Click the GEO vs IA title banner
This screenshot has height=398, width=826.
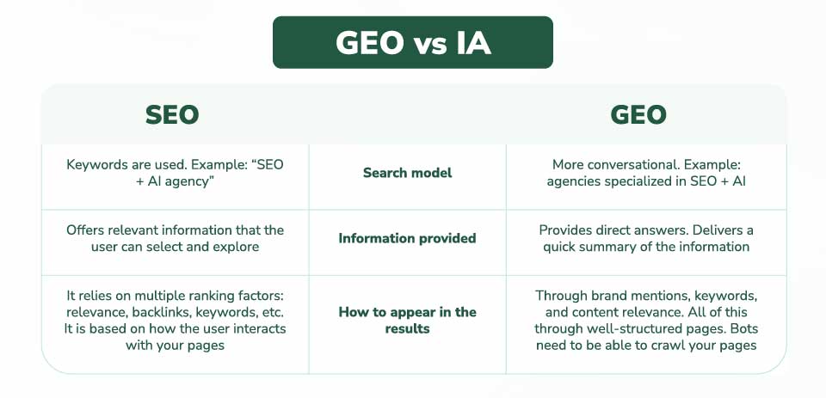click(x=412, y=42)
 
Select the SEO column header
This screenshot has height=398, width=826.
click(x=172, y=115)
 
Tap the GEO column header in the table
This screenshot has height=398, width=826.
click(x=638, y=115)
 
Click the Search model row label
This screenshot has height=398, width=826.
click(x=407, y=173)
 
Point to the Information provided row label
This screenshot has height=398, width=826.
click(x=407, y=238)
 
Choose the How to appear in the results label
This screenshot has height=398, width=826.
click(x=407, y=320)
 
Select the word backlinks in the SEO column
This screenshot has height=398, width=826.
click(x=161, y=312)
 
